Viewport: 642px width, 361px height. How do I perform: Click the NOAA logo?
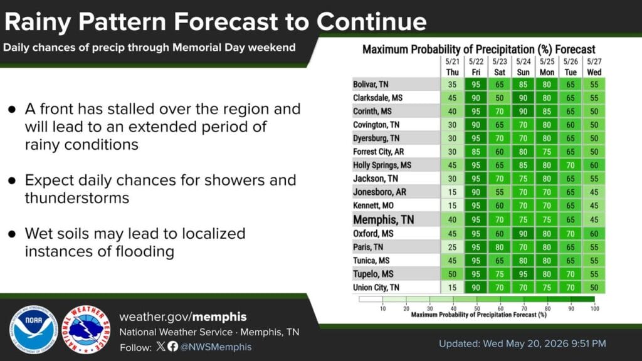point(33,330)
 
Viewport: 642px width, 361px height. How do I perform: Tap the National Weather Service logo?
point(86,330)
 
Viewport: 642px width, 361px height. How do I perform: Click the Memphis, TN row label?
point(384,220)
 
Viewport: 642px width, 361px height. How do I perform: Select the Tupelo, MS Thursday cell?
point(452,275)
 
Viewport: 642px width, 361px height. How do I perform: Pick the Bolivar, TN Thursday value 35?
point(452,85)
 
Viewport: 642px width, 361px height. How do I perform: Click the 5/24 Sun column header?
point(524,67)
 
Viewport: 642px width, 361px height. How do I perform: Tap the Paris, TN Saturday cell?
point(500,247)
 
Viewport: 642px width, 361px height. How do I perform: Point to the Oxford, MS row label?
point(373,234)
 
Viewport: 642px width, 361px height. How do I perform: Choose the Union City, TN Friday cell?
point(476,288)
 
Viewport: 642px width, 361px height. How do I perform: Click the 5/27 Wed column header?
point(594,67)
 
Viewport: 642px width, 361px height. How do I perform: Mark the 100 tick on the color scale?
point(594,308)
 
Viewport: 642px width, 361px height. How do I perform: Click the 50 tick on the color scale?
point(477,308)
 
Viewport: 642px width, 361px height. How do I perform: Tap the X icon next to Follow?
point(161,347)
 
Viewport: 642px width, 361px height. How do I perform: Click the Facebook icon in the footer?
point(173,347)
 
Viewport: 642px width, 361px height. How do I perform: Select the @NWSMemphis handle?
point(216,347)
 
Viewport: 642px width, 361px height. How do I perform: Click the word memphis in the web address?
point(219,317)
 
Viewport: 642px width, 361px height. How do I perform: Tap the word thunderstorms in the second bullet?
point(77,198)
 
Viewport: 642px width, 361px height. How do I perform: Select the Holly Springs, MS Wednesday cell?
point(594,165)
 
